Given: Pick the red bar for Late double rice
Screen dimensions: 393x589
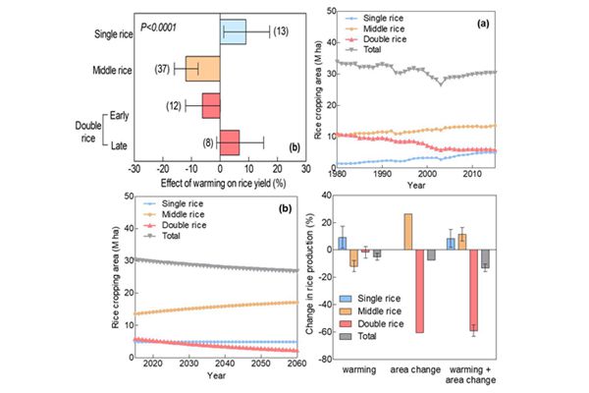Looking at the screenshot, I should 230,141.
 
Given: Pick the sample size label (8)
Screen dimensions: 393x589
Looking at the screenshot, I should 210,141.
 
